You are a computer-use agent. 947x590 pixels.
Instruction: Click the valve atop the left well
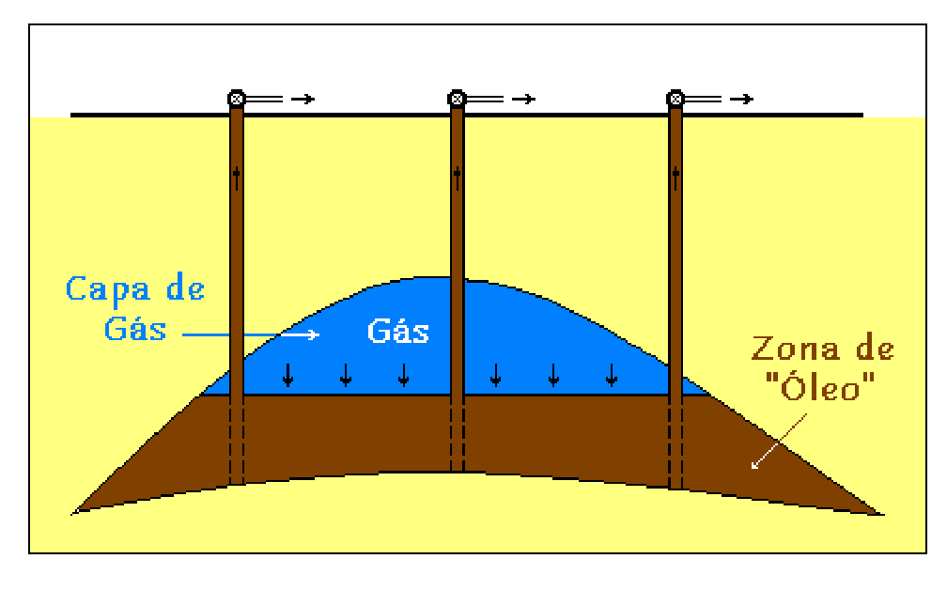tap(237, 98)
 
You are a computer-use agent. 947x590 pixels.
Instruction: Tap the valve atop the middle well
tap(457, 98)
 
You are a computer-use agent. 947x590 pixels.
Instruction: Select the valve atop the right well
tap(675, 98)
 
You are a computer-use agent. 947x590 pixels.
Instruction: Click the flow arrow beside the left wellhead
tap(303, 99)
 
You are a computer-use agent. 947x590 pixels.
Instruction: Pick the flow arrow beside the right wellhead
tap(742, 99)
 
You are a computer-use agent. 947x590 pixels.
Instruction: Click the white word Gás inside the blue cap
tap(397, 331)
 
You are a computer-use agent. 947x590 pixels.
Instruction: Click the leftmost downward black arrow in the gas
tap(287, 374)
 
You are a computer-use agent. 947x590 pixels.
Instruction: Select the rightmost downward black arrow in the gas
tap(612, 374)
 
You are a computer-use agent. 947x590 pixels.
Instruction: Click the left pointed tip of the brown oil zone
tap(75, 512)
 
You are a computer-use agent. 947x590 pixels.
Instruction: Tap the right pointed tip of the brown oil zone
tap(881, 514)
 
